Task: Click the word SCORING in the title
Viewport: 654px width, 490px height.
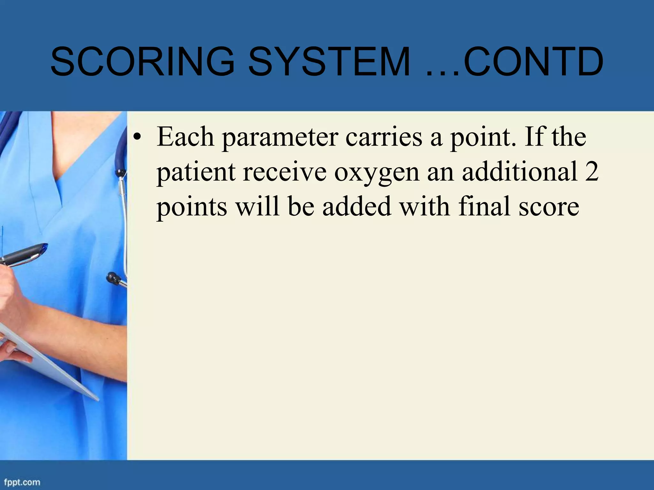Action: pyautogui.click(x=142, y=62)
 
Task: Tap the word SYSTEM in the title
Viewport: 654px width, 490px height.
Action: pyautogui.click(x=329, y=62)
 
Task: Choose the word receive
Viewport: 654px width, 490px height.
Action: pyautogui.click(x=285, y=172)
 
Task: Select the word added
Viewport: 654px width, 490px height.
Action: pyautogui.click(x=357, y=206)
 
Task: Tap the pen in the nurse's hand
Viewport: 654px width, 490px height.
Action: pyautogui.click(x=24, y=254)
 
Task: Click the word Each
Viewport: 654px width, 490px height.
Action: pyautogui.click(x=185, y=137)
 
